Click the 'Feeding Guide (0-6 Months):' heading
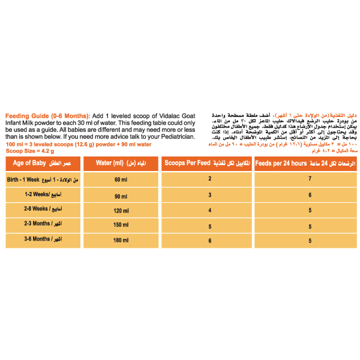[45, 115]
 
